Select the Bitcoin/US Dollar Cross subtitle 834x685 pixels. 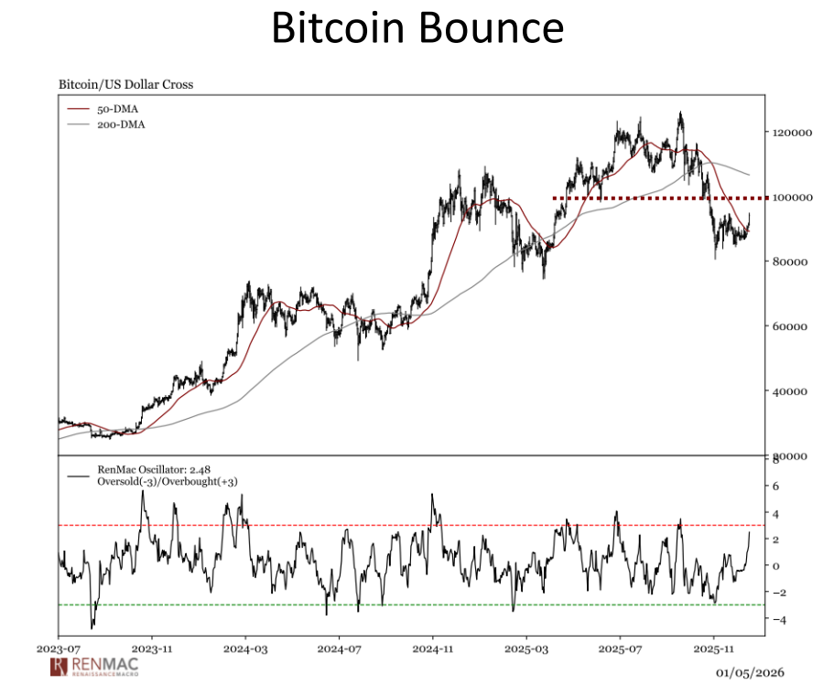click(125, 85)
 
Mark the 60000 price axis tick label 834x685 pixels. click(792, 326)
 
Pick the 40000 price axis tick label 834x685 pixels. click(792, 391)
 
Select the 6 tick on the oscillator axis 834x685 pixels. click(775, 487)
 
